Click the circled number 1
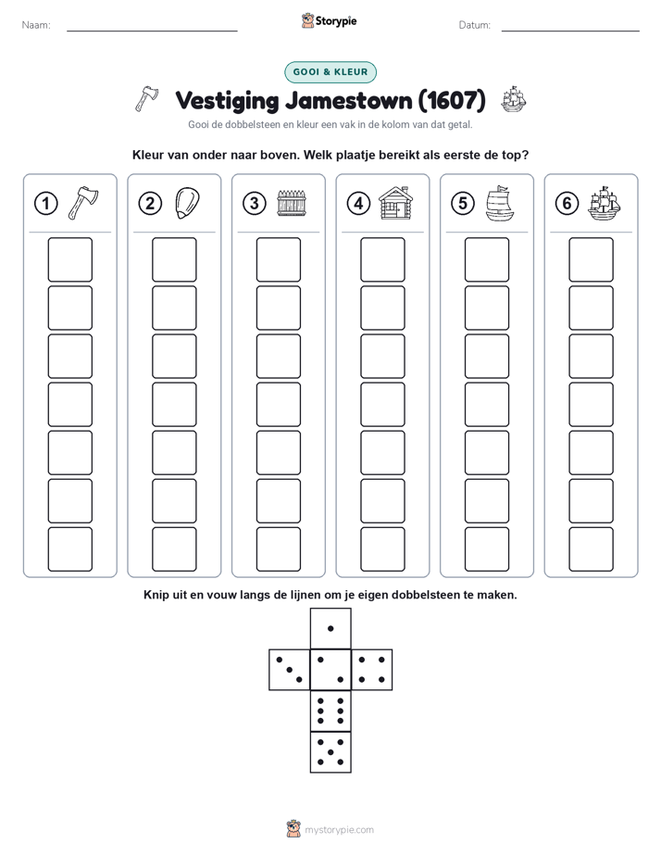pyautogui.click(x=45, y=204)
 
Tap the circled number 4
pyautogui.click(x=358, y=204)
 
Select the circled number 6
pyautogui.click(x=567, y=204)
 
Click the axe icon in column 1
pyautogui.click(x=83, y=203)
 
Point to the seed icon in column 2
pyautogui.click(x=187, y=203)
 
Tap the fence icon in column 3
pyautogui.click(x=292, y=203)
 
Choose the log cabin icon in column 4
pyautogui.click(x=396, y=203)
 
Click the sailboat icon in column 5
pyautogui.click(x=500, y=203)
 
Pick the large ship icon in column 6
pyautogui.click(x=605, y=203)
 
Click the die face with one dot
pyautogui.click(x=330, y=628)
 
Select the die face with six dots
pyautogui.click(x=330, y=711)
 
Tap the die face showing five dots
pyautogui.click(x=330, y=752)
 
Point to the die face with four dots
pyautogui.click(x=372, y=670)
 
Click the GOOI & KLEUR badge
pyautogui.click(x=330, y=72)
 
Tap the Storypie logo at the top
pyautogui.click(x=330, y=21)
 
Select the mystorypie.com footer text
pyautogui.click(x=339, y=830)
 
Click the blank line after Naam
pyautogui.click(x=152, y=31)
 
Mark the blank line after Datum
pyautogui.click(x=570, y=31)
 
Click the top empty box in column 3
pyautogui.click(x=278, y=259)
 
